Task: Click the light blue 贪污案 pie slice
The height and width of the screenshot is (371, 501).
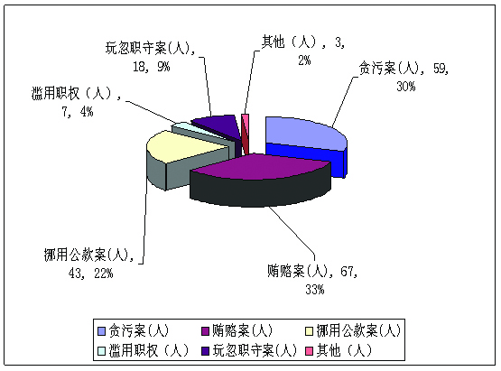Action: click(x=303, y=133)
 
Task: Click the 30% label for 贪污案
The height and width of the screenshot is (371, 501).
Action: click(x=406, y=87)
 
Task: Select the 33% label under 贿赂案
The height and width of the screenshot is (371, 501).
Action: click(x=315, y=290)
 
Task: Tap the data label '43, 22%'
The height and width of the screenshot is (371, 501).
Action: click(x=91, y=274)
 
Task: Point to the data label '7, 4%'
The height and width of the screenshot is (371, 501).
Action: click(x=78, y=112)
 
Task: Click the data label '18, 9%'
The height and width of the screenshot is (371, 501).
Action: click(x=152, y=67)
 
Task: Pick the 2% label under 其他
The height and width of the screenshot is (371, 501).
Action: click(x=304, y=60)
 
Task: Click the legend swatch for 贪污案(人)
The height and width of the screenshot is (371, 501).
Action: click(x=101, y=331)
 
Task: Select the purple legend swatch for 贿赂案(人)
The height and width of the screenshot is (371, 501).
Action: click(x=205, y=331)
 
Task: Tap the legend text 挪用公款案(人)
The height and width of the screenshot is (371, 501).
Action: click(x=358, y=330)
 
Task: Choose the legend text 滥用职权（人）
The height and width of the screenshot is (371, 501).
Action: click(x=149, y=350)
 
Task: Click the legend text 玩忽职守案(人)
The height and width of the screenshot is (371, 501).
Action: click(x=255, y=350)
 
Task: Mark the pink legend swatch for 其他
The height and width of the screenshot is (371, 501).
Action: click(x=309, y=351)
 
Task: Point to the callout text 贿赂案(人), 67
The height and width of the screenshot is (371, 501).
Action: click(x=312, y=272)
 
